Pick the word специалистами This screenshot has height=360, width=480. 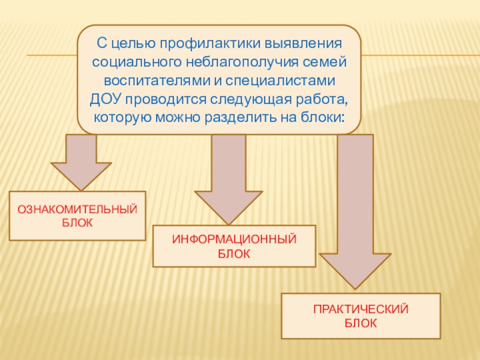[287, 79]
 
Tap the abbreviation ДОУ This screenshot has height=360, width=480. [106, 97]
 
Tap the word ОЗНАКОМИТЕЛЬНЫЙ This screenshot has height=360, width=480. [77, 210]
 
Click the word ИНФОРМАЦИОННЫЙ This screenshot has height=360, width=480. [234, 240]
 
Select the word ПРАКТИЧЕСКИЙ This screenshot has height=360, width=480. [361, 310]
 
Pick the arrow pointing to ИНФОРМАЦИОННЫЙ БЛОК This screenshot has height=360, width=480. [229, 177]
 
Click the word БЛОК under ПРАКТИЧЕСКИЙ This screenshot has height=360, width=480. [361, 324]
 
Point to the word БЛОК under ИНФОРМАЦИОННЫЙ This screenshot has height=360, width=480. [234, 254]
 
